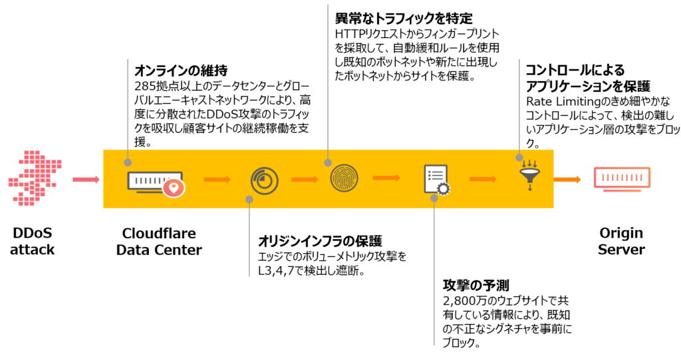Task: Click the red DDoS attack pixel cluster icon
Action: tap(34, 178)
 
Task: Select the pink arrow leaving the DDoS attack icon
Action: tap(86, 179)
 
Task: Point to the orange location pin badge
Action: tap(174, 188)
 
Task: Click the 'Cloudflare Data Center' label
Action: tap(158, 242)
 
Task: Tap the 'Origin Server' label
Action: tap(620, 242)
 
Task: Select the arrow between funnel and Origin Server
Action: tap(567, 179)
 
